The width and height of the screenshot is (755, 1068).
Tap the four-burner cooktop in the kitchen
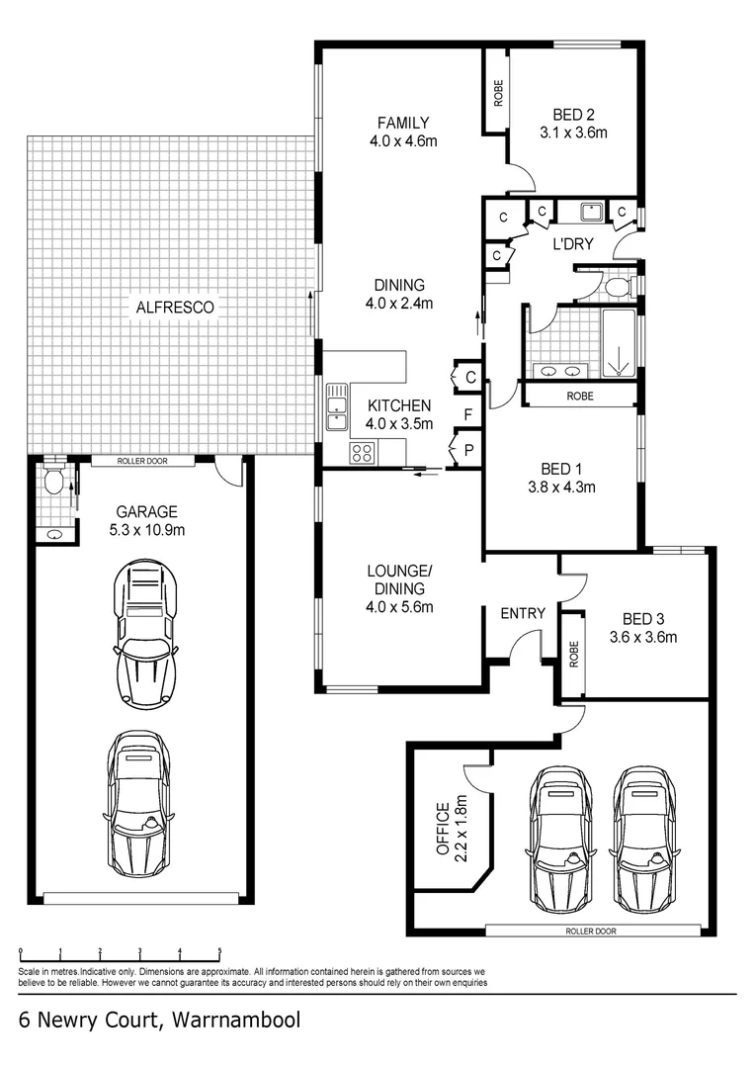coord(362,453)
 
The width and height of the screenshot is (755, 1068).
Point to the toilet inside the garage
coord(54,482)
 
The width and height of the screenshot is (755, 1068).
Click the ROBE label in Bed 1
coord(580,395)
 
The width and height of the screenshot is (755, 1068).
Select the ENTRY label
coord(523,613)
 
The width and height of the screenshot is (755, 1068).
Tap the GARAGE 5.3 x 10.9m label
coord(146,520)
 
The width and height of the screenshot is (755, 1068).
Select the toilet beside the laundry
coord(617,288)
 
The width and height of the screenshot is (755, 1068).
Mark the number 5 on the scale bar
coord(219,951)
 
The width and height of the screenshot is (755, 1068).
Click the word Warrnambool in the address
coord(236,1019)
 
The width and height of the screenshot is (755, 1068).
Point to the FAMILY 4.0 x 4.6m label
coord(402,132)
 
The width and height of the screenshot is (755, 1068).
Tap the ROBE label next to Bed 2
coord(498,93)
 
